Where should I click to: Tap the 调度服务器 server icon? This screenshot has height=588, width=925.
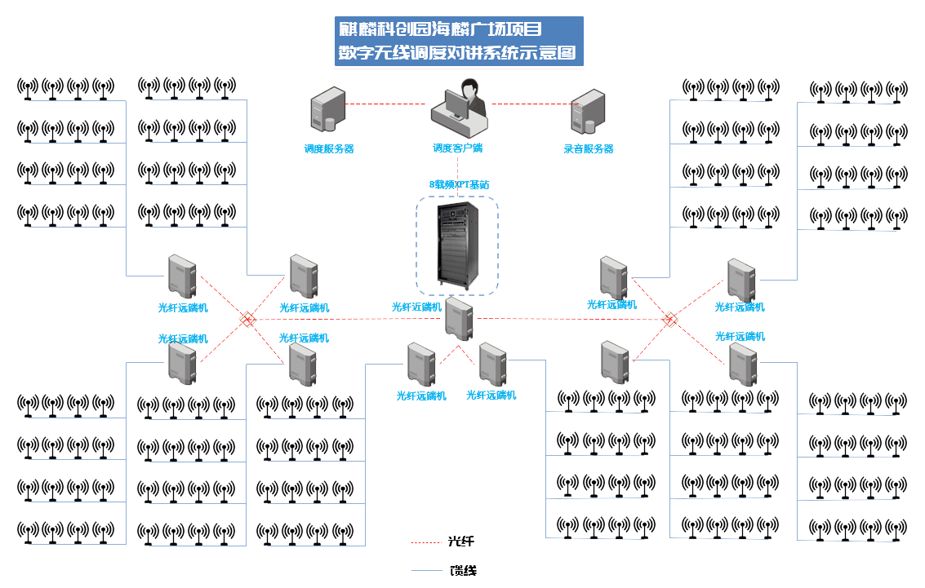pos(323,112)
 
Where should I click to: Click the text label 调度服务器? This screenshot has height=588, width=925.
pos(329,149)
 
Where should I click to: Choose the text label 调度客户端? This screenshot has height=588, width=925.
pos(458,149)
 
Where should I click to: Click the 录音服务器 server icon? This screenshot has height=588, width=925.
pos(587,112)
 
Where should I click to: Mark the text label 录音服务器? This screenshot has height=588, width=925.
pos(588,149)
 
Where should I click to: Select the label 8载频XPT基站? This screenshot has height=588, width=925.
pos(459,185)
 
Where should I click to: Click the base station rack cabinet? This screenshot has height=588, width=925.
pos(456,245)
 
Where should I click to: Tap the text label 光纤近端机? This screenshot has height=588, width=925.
pos(416,307)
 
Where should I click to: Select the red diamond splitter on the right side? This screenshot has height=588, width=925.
pos(669,319)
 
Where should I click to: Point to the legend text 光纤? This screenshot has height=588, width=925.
pos(461,542)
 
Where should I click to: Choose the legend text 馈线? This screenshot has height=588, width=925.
pos(463,570)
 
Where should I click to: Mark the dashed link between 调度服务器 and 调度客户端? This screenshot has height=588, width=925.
pos(389,104)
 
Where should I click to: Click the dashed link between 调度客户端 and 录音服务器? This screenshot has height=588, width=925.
pos(529,104)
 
